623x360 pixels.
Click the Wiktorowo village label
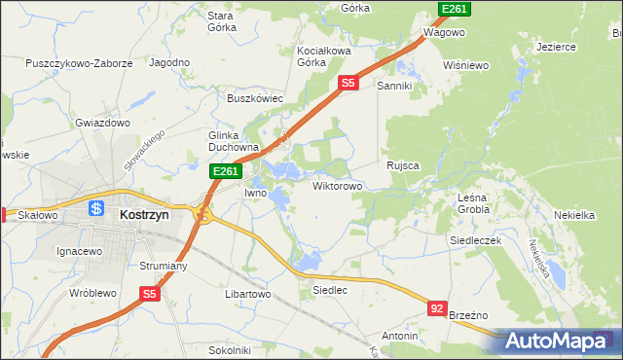click(x=337, y=185)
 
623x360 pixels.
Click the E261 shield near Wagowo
click(x=453, y=9)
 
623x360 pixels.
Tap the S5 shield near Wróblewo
click(x=148, y=293)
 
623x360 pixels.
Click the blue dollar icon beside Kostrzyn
click(x=96, y=208)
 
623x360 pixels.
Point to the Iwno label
click(x=255, y=193)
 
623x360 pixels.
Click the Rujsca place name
click(x=402, y=165)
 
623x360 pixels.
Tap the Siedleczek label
click(x=474, y=239)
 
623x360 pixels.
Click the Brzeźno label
click(x=469, y=314)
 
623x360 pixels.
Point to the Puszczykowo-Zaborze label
click(x=80, y=63)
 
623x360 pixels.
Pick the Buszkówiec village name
click(x=254, y=98)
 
